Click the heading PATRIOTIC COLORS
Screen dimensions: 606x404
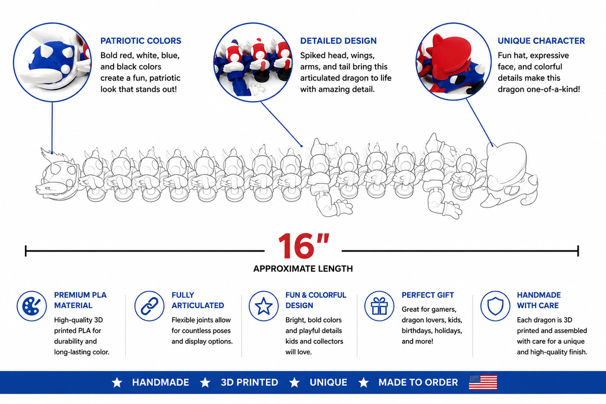(141, 41)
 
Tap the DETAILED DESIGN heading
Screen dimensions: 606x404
(338, 41)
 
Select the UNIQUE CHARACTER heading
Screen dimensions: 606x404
(541, 41)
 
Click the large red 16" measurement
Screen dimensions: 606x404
(304, 246)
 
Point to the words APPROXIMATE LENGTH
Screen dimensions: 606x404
(303, 269)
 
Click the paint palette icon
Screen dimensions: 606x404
(32, 306)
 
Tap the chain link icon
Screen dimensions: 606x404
(149, 306)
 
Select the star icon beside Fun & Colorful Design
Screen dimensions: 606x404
(264, 306)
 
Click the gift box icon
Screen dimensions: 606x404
(379, 306)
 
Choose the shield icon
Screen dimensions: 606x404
(495, 306)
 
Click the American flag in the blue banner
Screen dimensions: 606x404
(482, 382)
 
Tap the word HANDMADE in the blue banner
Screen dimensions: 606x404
(160, 382)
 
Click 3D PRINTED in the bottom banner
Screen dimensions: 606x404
(249, 382)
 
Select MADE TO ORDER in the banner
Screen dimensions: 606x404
(418, 382)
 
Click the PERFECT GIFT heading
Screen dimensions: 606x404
(428, 295)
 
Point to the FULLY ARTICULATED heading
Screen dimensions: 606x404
(197, 300)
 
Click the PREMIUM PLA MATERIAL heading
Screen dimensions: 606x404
(80, 300)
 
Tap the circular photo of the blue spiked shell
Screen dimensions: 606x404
(52, 62)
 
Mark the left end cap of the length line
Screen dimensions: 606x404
(26, 251)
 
